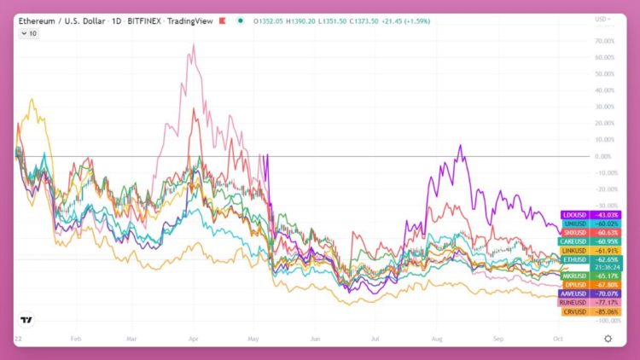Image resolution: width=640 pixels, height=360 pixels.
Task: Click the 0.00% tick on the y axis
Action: (x=604, y=156)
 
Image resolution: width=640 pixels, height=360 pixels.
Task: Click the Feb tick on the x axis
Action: (x=76, y=338)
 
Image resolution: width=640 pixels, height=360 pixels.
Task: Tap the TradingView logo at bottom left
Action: (x=27, y=321)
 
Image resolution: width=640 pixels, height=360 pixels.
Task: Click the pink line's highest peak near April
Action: (x=195, y=46)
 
